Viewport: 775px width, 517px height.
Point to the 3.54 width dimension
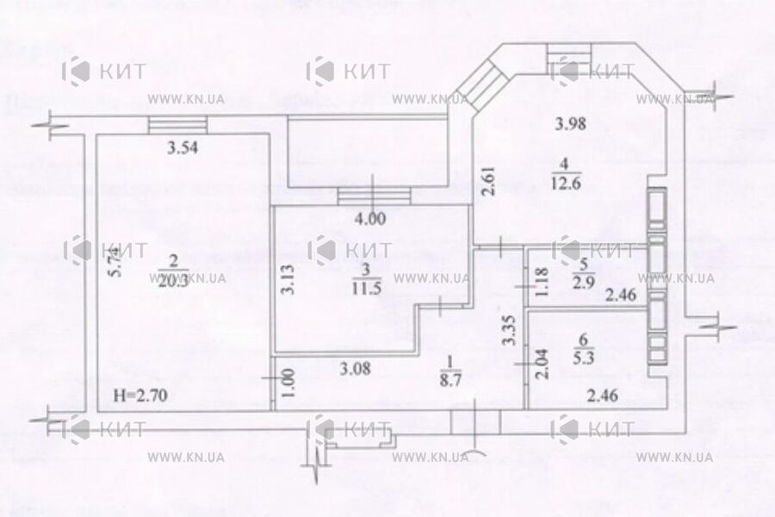tap(183, 147)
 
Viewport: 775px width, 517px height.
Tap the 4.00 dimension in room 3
tap(370, 218)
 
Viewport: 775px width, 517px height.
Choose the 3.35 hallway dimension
tap(510, 329)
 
